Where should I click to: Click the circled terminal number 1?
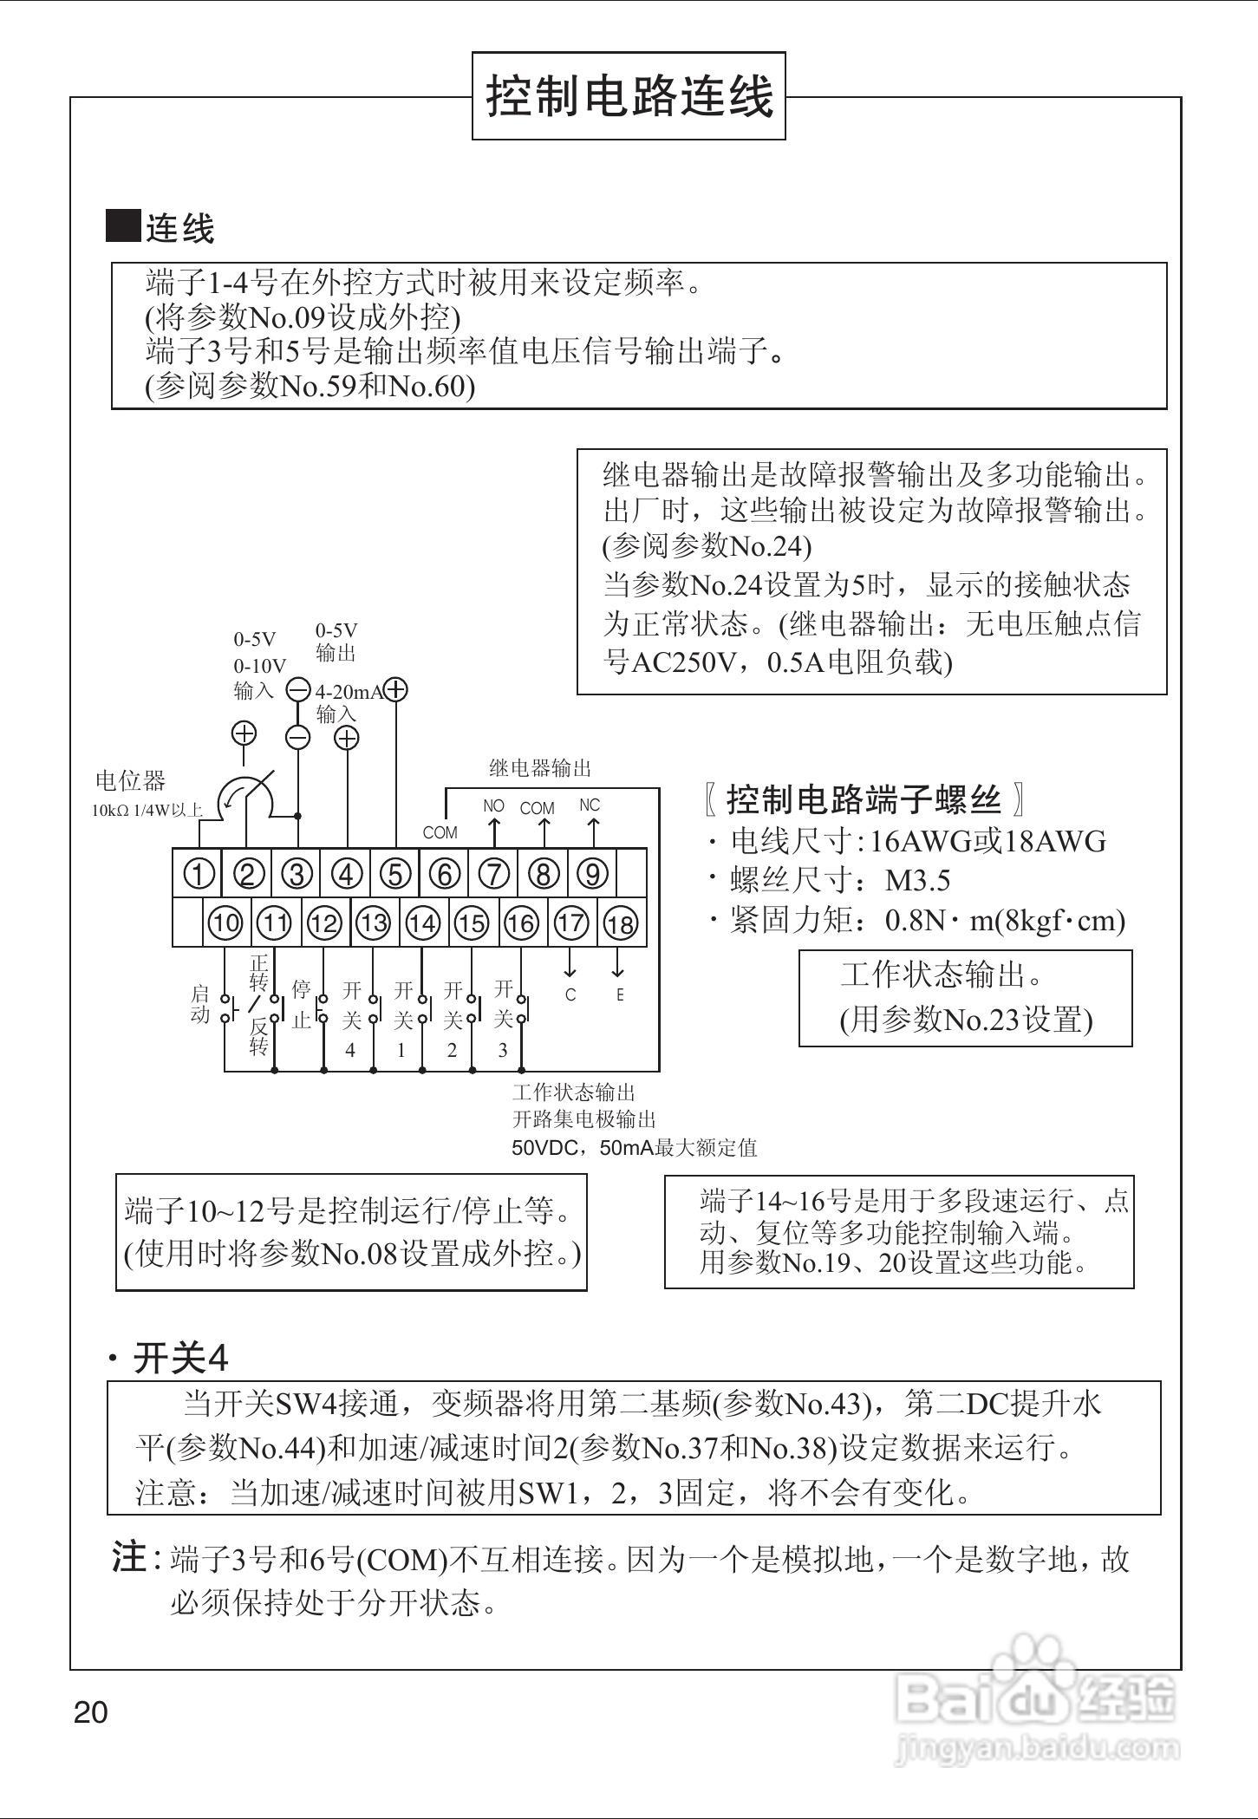199,874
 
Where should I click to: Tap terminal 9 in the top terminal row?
592,874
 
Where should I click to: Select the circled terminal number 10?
225,923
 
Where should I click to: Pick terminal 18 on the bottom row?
620,924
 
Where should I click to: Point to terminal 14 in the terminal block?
423,923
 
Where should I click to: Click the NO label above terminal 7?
493,806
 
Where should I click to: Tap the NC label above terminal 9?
590,805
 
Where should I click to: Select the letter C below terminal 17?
570,995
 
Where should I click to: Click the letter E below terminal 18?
620,995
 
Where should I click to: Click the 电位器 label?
130,781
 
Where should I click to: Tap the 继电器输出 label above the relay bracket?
540,768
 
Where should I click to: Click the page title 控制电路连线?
629,95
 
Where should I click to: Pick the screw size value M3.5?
917,881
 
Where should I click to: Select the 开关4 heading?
180,1359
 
